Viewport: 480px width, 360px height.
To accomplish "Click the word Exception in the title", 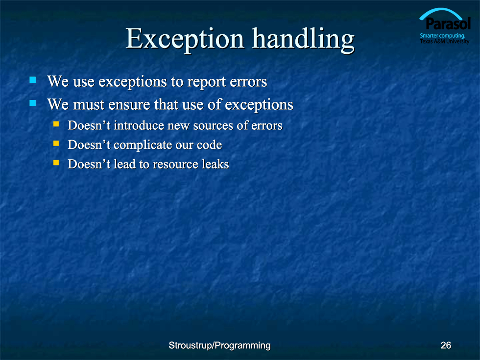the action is click(185, 40).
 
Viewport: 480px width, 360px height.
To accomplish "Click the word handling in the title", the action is click(303, 40).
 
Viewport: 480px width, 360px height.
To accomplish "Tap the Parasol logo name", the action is click(448, 24).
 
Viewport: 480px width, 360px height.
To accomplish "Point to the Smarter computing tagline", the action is click(442, 36).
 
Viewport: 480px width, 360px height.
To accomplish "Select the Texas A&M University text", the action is click(445, 41).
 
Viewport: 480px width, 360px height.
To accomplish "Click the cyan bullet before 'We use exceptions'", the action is click(33, 80).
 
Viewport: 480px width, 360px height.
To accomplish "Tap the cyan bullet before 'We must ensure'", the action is click(33, 103).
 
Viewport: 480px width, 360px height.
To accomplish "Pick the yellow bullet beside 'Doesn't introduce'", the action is click(56, 124).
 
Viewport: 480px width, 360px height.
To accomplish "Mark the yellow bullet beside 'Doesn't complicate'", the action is click(56, 143).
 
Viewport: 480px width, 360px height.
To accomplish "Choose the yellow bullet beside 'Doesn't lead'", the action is click(56, 163).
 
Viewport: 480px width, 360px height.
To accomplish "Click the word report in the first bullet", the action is click(206, 82).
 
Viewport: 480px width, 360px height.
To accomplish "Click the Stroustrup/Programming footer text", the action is click(219, 346).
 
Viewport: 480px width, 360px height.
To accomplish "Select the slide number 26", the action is click(446, 345).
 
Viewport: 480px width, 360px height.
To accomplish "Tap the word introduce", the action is click(139, 125).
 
